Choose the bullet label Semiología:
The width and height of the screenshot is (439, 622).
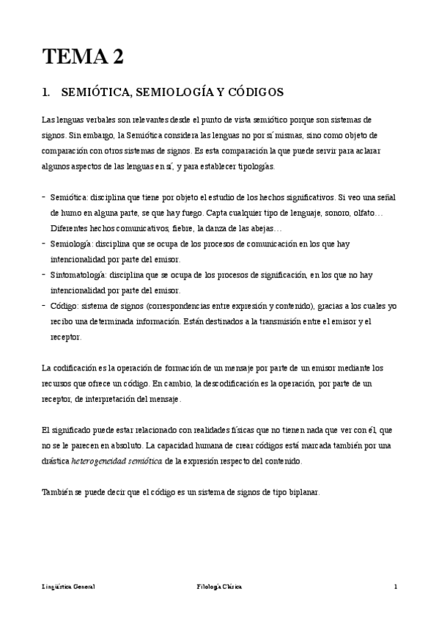coord(72,243)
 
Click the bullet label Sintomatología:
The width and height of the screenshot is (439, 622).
coord(79,274)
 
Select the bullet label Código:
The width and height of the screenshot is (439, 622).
coord(65,305)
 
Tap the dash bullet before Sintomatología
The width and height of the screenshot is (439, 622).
coord(43,274)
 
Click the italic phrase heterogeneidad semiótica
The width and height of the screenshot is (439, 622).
coord(116,462)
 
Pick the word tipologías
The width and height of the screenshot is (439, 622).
coord(253,167)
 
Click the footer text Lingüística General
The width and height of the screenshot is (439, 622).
coord(68,587)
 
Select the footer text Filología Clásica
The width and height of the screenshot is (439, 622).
coord(219,587)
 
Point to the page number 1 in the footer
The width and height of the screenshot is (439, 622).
coord(396,587)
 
